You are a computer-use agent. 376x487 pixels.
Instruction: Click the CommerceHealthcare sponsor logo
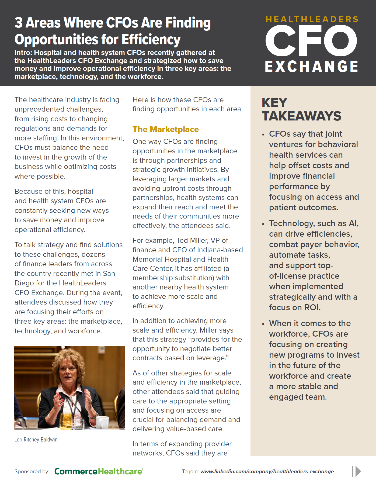(x=99, y=471)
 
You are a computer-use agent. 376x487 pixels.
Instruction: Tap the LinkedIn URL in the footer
(x=267, y=471)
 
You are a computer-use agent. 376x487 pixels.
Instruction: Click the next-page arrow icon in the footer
(x=356, y=471)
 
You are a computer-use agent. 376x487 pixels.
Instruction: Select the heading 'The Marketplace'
(x=165, y=129)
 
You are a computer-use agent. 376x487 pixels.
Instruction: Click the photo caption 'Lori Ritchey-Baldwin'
(x=36, y=440)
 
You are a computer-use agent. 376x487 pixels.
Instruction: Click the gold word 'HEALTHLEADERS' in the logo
(x=312, y=19)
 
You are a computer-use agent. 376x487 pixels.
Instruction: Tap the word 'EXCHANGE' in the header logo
(x=312, y=67)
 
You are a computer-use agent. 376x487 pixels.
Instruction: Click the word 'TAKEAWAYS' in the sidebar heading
(x=301, y=116)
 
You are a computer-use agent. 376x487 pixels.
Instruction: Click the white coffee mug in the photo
(x=102, y=422)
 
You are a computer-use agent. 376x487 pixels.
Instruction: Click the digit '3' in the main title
(x=19, y=23)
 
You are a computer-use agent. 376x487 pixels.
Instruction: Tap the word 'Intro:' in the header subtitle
(x=23, y=53)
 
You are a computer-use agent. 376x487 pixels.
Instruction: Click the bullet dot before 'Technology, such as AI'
(x=263, y=224)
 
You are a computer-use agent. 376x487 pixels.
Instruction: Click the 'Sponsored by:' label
(x=32, y=471)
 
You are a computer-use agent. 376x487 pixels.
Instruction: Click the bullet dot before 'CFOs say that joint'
(x=263, y=134)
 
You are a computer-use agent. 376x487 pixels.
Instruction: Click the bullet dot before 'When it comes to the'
(x=263, y=324)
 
